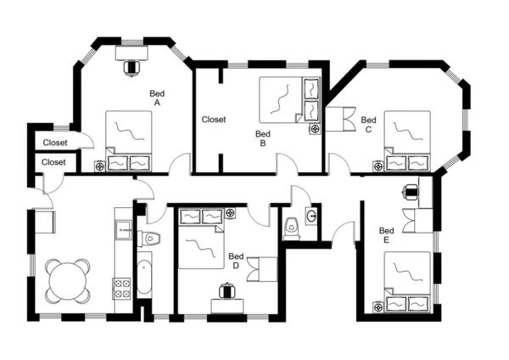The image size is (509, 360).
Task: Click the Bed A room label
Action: click(x=157, y=98)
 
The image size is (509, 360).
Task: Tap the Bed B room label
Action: click(x=263, y=138)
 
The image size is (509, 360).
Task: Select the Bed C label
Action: click(x=368, y=125)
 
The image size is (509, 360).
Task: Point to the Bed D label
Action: click(x=236, y=261)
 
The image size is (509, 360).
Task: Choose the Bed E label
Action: click(x=386, y=235)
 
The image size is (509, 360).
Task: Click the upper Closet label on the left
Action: click(x=55, y=143)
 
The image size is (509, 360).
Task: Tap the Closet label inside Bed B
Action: click(x=214, y=120)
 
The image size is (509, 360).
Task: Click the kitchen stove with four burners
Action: click(x=121, y=288)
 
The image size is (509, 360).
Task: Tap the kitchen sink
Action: click(x=122, y=228)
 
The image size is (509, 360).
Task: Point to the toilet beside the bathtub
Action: click(x=149, y=238)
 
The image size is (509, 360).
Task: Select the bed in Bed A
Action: click(x=128, y=140)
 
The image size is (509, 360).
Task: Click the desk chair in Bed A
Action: click(x=131, y=65)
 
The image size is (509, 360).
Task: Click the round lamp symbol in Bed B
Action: click(x=314, y=129)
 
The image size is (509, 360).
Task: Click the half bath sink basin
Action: click(x=311, y=216)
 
